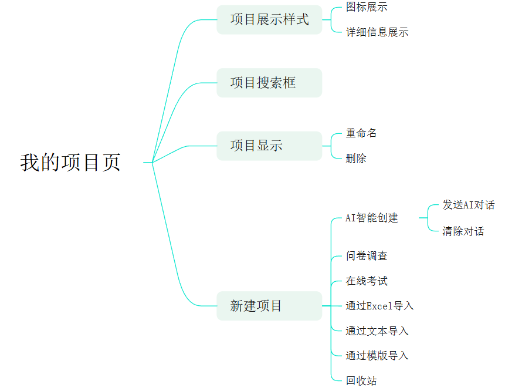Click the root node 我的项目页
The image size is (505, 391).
tap(70, 163)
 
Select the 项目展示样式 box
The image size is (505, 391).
tap(269, 20)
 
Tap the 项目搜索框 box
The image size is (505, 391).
tap(269, 83)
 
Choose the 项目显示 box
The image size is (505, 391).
tap(269, 146)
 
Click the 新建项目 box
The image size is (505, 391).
tap(269, 306)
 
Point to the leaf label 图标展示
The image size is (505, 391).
tap(367, 8)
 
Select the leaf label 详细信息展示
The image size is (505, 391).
tap(377, 32)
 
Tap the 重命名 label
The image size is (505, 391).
tap(361, 133)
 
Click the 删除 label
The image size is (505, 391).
tap(356, 159)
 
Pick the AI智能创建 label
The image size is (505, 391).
tap(372, 218)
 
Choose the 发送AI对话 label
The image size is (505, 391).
tap(469, 205)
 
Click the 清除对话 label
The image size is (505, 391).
tap(463, 231)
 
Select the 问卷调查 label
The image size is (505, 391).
tap(367, 256)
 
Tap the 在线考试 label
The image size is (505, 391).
tap(367, 281)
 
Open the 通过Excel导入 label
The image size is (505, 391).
tap(380, 306)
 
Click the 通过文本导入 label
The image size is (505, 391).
tap(377, 331)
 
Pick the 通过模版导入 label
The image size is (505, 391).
tap(377, 356)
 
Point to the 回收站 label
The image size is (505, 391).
tap(361, 381)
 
